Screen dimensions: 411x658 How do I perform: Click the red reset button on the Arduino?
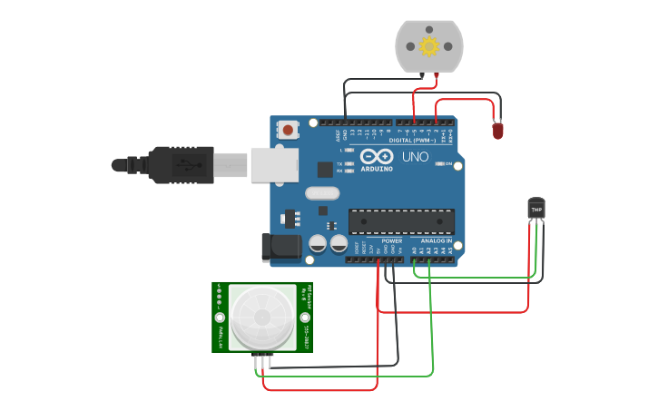[x=288, y=130]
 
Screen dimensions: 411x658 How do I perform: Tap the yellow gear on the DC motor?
[x=428, y=46]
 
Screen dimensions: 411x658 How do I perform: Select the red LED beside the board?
[x=497, y=131]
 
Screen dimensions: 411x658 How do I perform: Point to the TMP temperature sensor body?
[x=536, y=209]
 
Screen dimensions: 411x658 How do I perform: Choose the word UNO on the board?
[x=415, y=157]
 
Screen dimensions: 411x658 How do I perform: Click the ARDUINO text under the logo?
[x=377, y=169]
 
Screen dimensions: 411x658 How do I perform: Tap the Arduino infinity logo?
[x=377, y=157]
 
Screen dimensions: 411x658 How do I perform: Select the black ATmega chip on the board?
[x=401, y=221]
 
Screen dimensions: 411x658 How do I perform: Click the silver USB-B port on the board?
[x=275, y=165]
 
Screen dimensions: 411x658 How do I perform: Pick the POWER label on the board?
[x=392, y=240]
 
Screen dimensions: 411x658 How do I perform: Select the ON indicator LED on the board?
[x=442, y=164]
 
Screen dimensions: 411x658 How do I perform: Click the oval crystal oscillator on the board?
[x=322, y=192]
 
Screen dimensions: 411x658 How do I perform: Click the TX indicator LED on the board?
[x=349, y=164]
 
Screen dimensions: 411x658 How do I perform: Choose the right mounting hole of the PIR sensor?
[x=304, y=317]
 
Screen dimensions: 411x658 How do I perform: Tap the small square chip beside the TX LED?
[x=325, y=169]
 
